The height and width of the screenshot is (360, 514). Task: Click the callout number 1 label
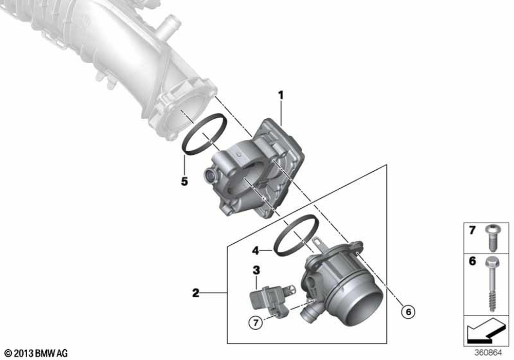(281, 96)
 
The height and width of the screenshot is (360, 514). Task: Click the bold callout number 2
(196, 293)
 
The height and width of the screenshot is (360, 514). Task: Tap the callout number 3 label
(256, 270)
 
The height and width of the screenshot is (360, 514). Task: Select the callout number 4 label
(255, 251)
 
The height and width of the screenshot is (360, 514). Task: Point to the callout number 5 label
(185, 181)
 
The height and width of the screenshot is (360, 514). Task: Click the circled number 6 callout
(409, 312)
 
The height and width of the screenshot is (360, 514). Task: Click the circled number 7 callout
(255, 323)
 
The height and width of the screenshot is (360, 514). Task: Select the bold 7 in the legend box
(472, 230)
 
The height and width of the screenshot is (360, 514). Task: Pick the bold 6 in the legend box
(472, 261)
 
